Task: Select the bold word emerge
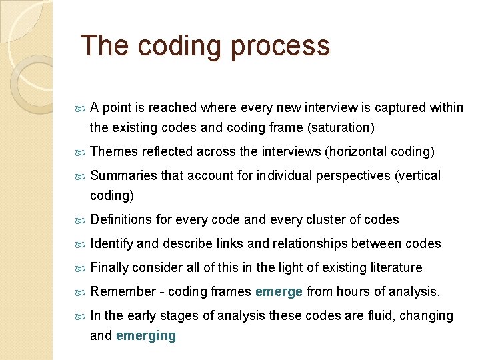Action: point(279,291)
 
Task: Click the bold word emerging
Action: point(146,335)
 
